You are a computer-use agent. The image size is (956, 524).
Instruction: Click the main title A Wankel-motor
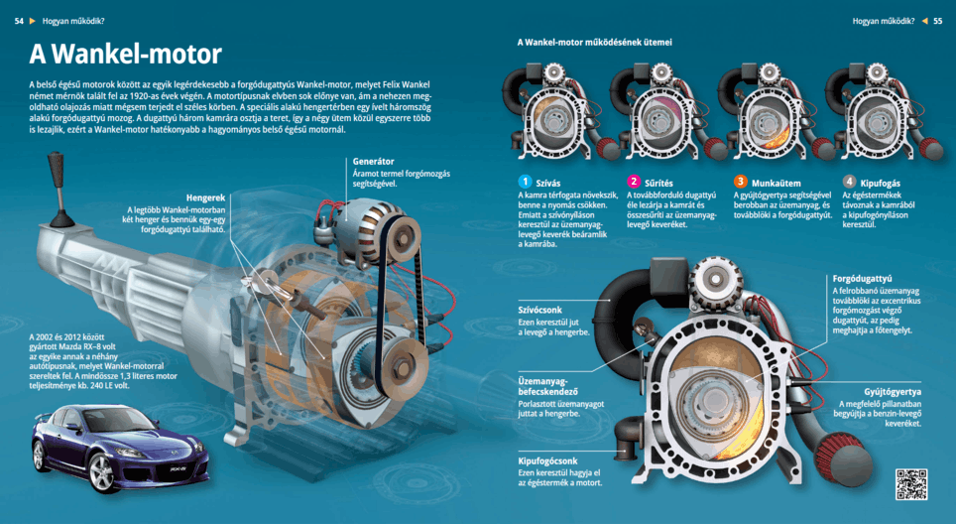[126, 54]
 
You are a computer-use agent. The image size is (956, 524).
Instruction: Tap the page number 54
[19, 21]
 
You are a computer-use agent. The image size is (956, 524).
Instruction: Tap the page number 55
[937, 21]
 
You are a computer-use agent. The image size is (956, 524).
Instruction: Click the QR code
[910, 483]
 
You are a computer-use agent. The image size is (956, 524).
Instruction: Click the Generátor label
[373, 161]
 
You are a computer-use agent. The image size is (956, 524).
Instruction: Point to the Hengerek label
[205, 197]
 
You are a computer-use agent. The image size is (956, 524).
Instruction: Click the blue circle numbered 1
[525, 182]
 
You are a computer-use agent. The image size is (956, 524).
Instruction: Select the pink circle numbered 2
[634, 182]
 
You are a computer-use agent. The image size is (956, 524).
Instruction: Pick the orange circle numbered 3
[740, 182]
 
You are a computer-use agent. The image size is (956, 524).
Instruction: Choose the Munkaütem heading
[778, 183]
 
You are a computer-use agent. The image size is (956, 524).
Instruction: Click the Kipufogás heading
[882, 183]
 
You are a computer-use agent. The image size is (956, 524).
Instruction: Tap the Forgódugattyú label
[863, 279]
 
